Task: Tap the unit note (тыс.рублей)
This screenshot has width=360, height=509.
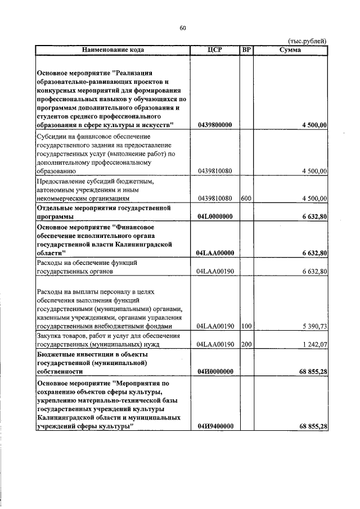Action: pos(307,41)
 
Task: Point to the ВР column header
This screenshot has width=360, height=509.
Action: pos(246,50)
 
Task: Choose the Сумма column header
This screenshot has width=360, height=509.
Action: pos(290,50)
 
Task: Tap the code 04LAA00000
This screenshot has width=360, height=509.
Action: pos(215,253)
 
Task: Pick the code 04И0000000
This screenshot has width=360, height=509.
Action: pos(215,372)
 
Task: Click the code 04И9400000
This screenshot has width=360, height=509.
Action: pos(215,427)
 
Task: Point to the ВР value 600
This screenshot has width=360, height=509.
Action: pos(245,198)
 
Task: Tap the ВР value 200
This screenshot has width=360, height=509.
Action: pos(245,344)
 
